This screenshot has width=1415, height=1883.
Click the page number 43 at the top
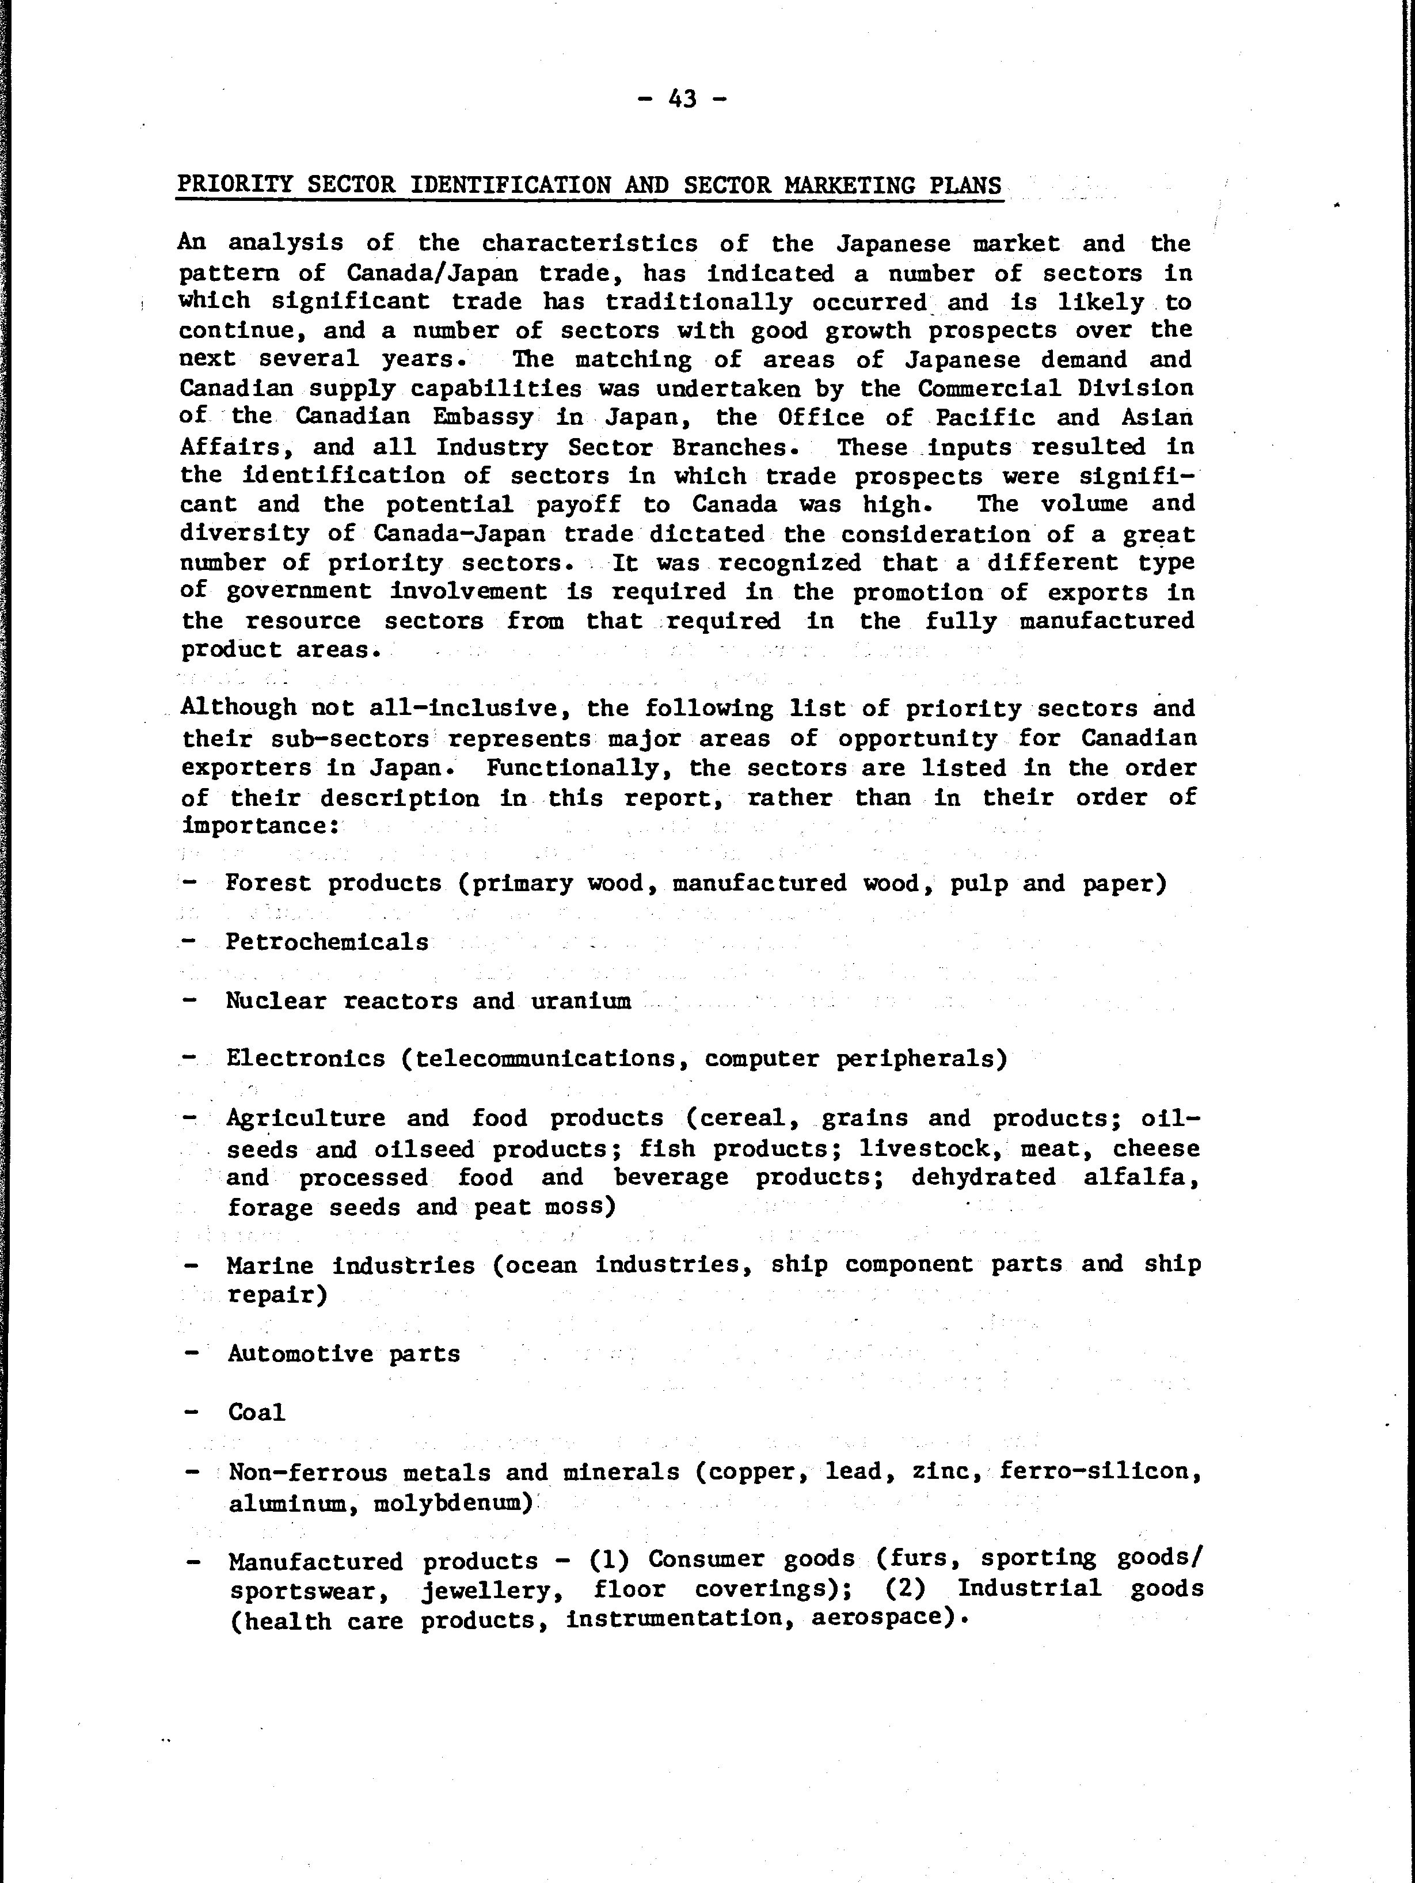pos(682,100)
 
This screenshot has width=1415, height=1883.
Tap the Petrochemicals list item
pos(327,942)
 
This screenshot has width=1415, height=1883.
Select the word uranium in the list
pos(581,1001)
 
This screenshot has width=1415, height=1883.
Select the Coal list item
pos(256,1412)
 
